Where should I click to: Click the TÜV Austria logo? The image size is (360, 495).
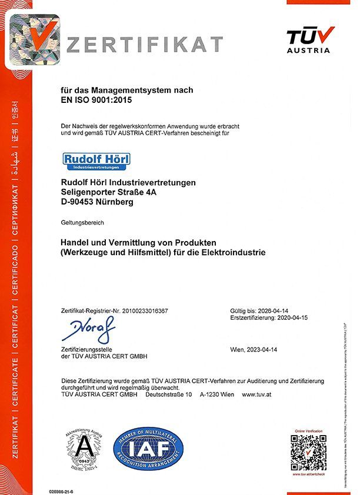coord(311,39)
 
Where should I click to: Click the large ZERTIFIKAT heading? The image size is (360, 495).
coord(145,45)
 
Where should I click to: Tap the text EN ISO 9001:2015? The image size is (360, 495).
coord(96,100)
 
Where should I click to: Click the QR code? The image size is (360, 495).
coord(309,451)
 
